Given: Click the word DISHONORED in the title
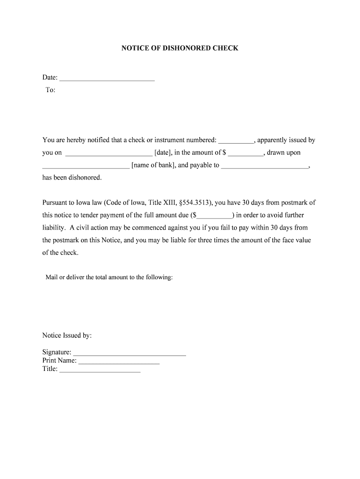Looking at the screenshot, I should tap(180, 48).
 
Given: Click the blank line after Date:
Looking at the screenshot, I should tap(107, 78).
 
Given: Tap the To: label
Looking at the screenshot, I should tap(50, 90).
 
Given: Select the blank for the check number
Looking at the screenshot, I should tap(236, 140).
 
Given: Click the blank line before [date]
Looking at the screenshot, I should tap(109, 153).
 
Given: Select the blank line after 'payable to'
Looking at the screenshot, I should tap(265, 166).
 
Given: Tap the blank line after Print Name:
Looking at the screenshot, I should tap(119, 361).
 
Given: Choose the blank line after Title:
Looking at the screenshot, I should tap(100, 370).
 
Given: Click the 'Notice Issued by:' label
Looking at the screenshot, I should tap(67, 335).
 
